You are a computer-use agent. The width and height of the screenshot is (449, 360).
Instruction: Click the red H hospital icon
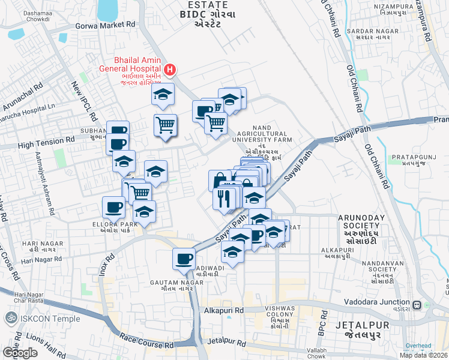point(170,70)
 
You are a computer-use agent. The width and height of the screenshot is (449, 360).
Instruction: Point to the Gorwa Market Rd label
point(105,25)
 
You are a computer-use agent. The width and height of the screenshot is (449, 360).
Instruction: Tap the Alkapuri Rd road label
point(223,311)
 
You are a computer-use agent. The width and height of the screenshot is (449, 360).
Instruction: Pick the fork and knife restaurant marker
point(224,198)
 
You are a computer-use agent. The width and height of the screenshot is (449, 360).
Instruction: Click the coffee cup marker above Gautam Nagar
point(184,259)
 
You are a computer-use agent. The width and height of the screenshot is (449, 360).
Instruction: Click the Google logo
point(20,353)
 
